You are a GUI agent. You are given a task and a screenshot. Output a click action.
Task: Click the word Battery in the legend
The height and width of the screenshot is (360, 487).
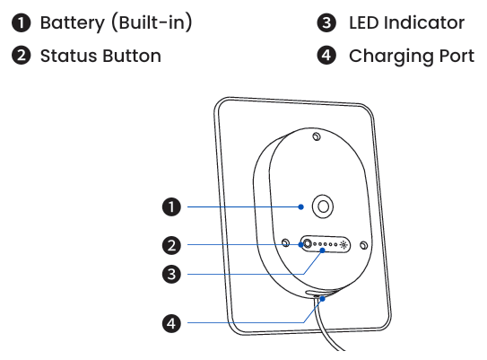(x=73, y=23)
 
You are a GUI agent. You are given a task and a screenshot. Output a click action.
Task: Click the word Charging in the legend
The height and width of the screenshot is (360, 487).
(x=392, y=57)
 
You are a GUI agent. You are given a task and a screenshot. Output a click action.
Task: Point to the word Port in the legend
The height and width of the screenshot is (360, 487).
(x=457, y=56)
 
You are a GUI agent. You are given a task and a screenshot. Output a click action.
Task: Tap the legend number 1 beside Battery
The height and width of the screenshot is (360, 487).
(x=22, y=23)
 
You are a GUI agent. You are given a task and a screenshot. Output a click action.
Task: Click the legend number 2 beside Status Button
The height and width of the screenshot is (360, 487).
(x=22, y=56)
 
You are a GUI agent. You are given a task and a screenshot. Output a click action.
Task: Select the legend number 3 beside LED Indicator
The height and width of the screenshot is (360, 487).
(x=326, y=23)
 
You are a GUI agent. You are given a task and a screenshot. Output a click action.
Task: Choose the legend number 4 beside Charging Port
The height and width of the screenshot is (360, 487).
(x=326, y=56)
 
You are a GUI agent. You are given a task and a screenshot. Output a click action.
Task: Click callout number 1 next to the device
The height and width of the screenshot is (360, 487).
(x=171, y=206)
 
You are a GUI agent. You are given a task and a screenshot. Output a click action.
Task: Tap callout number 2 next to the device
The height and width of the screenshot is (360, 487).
(x=171, y=245)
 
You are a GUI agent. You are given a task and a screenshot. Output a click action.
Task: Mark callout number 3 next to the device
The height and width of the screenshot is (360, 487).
(x=171, y=274)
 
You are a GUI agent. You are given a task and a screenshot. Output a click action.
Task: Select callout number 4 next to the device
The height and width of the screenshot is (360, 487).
(x=171, y=323)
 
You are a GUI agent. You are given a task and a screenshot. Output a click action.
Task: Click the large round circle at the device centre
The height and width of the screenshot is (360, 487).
(x=323, y=198)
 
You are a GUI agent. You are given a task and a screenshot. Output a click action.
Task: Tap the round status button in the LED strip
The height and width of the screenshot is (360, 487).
(x=307, y=243)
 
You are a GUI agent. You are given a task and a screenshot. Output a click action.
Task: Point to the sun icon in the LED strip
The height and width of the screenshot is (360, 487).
(x=344, y=245)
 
